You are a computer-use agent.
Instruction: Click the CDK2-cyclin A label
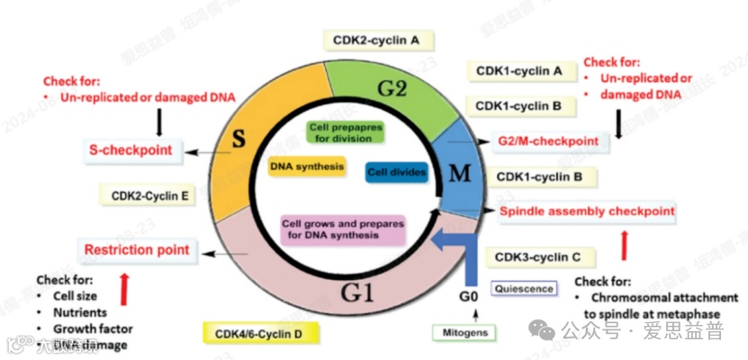tap(378, 40)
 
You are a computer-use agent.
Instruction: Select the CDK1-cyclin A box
tap(519, 70)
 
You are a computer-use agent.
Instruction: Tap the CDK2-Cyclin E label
tap(149, 194)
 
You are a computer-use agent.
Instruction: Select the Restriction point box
tap(137, 249)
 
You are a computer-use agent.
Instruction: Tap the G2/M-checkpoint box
tap(548, 141)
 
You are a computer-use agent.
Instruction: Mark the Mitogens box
tap(465, 333)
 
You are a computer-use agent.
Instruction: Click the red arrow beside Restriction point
tap(124, 287)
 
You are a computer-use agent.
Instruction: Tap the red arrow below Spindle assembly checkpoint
tap(625, 244)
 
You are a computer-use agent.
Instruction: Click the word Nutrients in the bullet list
tap(80, 311)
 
